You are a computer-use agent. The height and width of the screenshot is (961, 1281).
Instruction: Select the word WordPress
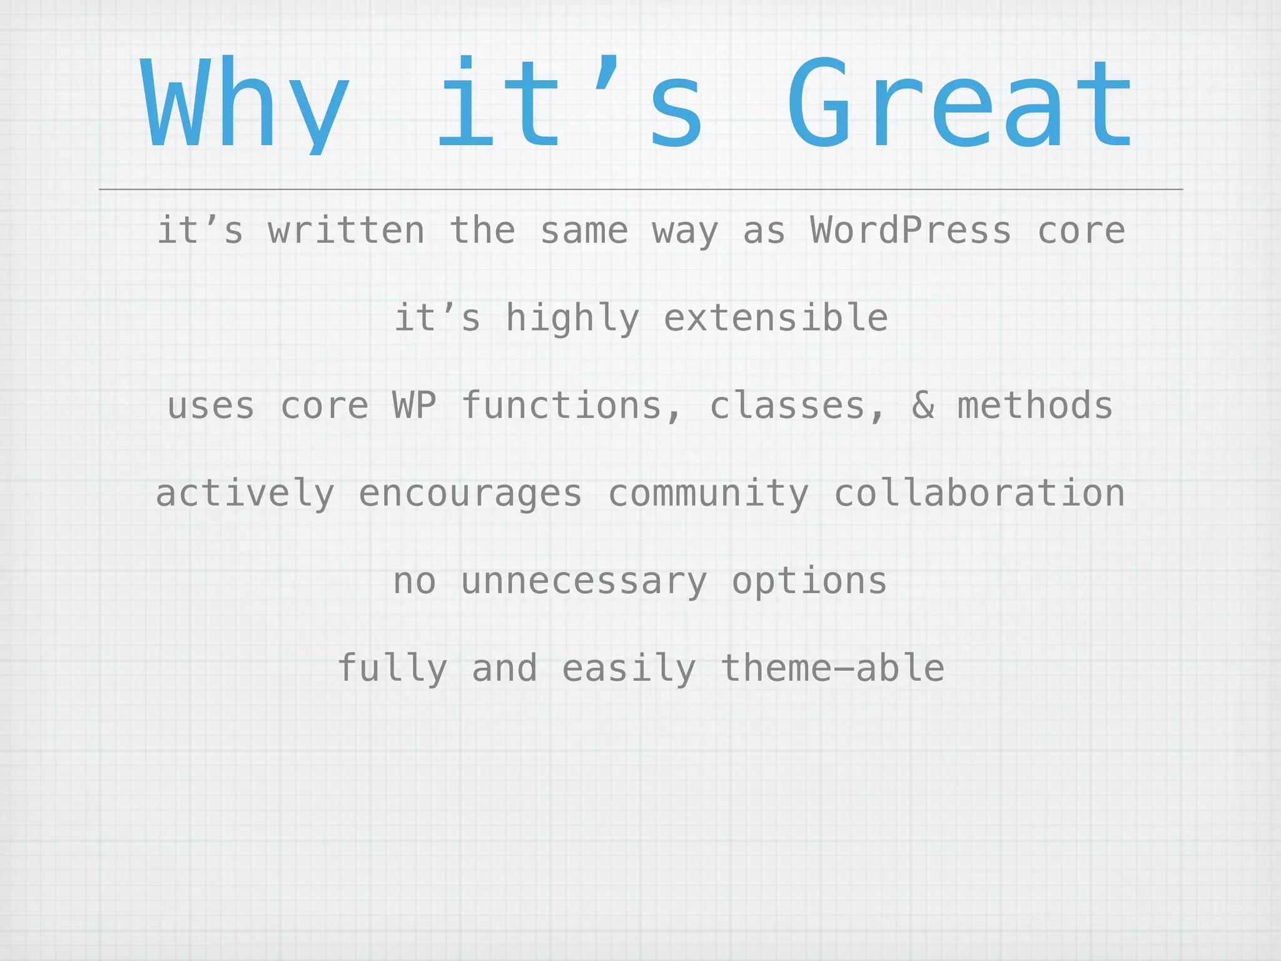click(911, 230)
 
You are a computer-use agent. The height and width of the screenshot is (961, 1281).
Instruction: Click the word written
click(347, 230)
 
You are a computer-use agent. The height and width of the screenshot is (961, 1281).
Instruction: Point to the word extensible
click(776, 318)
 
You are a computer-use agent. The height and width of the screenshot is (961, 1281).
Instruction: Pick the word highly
click(572, 319)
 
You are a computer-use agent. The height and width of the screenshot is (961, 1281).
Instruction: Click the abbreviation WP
click(414, 405)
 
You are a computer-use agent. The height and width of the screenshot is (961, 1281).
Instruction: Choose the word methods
click(1035, 405)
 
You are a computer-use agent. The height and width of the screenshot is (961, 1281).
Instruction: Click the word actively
click(245, 494)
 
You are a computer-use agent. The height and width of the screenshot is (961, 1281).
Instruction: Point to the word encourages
click(470, 494)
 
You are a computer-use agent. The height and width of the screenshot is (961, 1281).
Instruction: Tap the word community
click(708, 494)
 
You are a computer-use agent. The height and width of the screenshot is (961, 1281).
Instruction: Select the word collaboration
click(980, 493)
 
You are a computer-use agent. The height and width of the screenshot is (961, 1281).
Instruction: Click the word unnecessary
click(584, 582)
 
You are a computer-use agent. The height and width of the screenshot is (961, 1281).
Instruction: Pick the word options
click(809, 582)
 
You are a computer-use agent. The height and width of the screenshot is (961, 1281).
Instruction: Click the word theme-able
click(833, 668)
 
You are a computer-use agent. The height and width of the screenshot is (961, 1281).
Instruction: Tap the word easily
click(629, 669)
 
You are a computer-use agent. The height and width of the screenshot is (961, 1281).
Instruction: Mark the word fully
click(392, 669)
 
